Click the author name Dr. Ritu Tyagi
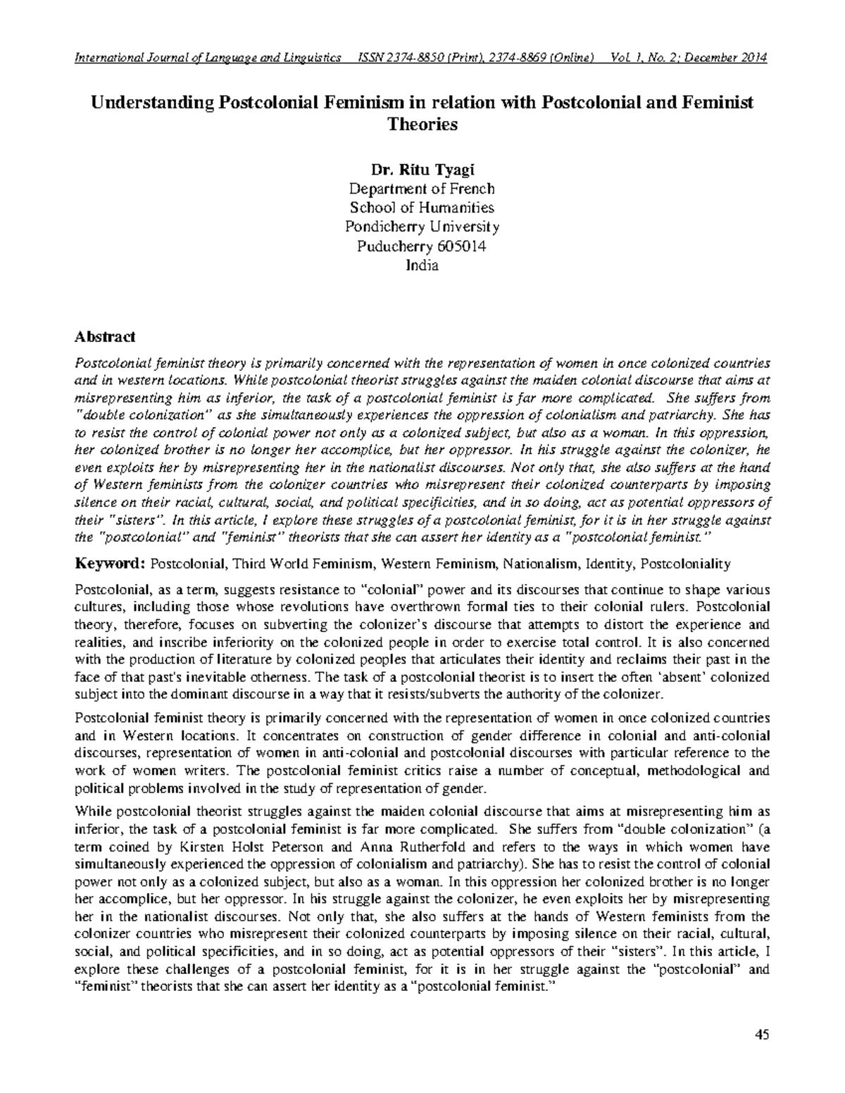tap(422, 170)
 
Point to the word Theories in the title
tap(423, 125)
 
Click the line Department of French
tap(422, 189)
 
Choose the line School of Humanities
tap(422, 208)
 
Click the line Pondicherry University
tap(422, 227)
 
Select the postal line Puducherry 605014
tap(422, 246)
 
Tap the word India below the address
tap(422, 265)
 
